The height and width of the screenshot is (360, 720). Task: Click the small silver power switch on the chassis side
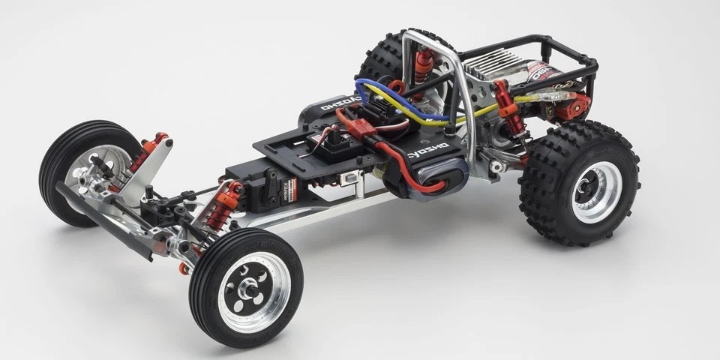pyautogui.click(x=349, y=178)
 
